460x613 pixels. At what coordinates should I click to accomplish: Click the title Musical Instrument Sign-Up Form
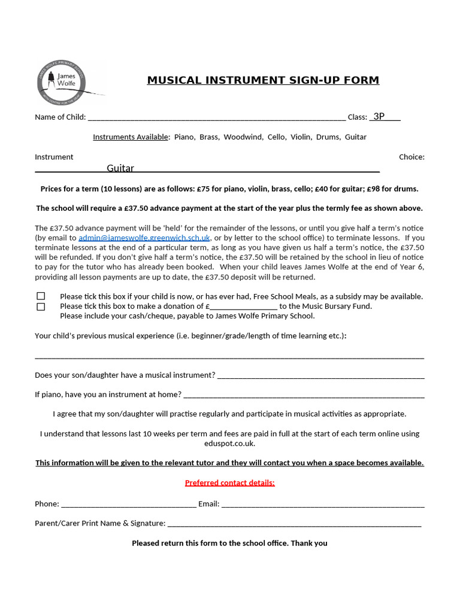click(x=263, y=80)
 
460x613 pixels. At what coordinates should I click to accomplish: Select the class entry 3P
click(x=379, y=117)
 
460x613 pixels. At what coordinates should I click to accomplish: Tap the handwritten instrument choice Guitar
click(x=120, y=169)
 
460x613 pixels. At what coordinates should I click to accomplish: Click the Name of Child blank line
click(x=216, y=117)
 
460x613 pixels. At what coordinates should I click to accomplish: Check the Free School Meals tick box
click(x=41, y=296)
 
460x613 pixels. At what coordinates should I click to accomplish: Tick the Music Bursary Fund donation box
click(x=41, y=306)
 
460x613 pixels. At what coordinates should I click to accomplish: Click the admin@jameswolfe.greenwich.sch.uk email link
click(x=144, y=238)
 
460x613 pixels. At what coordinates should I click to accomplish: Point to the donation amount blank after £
click(x=243, y=306)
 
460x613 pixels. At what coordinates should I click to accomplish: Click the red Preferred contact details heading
click(x=230, y=483)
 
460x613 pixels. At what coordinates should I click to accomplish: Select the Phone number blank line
click(x=128, y=504)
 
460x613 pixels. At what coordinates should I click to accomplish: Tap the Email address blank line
click(x=323, y=504)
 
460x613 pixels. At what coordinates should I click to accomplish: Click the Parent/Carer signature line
click(x=294, y=524)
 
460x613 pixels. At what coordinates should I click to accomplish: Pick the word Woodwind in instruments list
click(x=243, y=137)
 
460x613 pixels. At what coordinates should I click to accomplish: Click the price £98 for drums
click(x=376, y=189)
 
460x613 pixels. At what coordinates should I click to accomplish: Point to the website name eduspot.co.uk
click(x=230, y=444)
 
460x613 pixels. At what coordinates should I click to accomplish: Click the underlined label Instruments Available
click(x=131, y=137)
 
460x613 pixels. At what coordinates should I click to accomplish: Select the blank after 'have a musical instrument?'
click(x=320, y=375)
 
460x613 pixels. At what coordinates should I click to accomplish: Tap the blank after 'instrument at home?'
click(x=304, y=394)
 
